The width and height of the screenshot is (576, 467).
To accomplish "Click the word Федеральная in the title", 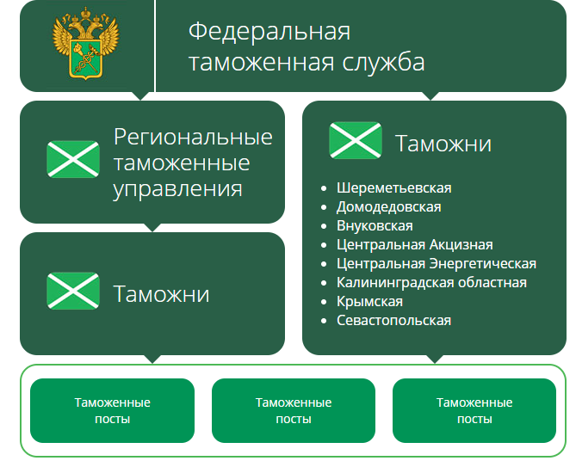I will tap(269, 32).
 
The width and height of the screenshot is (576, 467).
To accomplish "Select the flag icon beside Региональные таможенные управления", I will tap(73, 159).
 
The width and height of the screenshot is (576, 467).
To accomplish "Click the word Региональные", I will tap(193, 137).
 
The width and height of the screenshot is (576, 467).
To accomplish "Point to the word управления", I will tap(177, 188).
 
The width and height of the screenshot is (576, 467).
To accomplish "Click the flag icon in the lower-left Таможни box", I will tap(73, 291).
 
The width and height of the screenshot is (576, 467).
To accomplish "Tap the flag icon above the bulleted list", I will tap(355, 140).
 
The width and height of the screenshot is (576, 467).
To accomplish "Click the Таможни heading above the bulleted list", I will tap(443, 144).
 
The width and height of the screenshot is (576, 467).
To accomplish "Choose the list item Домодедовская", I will tap(389, 206).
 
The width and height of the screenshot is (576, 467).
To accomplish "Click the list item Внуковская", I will tap(375, 225).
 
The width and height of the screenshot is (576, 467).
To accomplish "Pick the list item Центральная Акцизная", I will tap(415, 244).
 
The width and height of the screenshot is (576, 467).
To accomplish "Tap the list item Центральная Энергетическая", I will tap(437, 263).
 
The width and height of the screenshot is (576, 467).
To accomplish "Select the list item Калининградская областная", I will tap(431, 282).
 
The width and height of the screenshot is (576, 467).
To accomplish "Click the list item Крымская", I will tap(369, 301).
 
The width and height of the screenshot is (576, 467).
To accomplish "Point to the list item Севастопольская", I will tap(394, 320).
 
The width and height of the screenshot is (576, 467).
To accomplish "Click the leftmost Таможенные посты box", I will tap(113, 410).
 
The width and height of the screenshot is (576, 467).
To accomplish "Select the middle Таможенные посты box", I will tap(294, 410).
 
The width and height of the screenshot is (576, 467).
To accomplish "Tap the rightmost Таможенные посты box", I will tap(474, 410).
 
